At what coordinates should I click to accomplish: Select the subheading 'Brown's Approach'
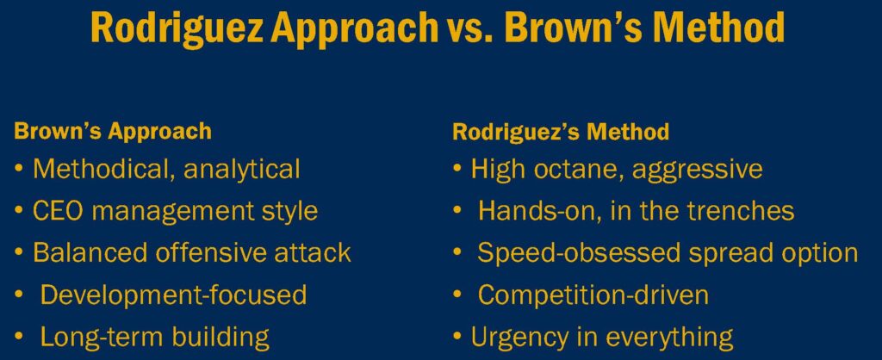click(113, 132)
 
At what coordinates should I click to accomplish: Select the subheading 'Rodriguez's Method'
click(561, 132)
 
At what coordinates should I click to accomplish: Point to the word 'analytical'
click(241, 169)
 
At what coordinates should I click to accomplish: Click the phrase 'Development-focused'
click(174, 295)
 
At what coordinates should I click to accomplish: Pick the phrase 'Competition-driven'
click(593, 295)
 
